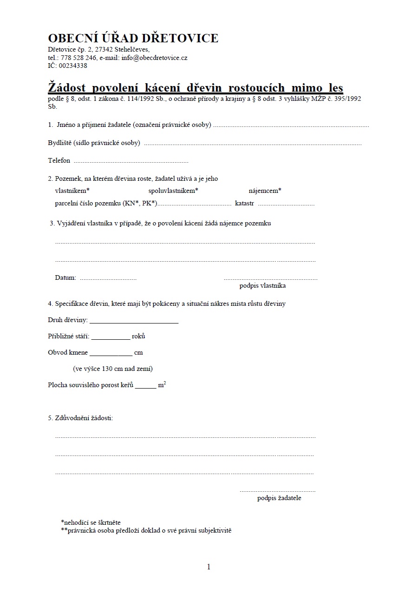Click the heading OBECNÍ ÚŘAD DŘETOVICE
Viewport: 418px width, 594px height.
(x=133, y=38)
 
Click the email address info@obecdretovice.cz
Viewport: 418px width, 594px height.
(x=154, y=58)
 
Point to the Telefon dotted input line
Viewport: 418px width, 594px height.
(x=131, y=161)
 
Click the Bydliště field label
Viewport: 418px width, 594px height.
(x=59, y=143)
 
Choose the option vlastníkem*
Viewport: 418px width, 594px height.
(x=72, y=191)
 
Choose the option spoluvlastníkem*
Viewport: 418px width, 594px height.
(x=173, y=191)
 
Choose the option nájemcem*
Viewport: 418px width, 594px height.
(x=265, y=191)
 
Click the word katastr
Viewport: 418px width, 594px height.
(x=245, y=203)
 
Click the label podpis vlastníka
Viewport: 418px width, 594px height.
(x=262, y=286)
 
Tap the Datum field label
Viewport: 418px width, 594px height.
(x=65, y=277)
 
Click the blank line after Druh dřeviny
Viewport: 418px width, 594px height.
(x=134, y=321)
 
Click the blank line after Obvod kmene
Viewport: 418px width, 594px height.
(x=111, y=353)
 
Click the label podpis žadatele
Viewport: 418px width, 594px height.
(x=279, y=498)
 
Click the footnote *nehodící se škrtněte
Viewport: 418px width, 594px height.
(x=91, y=522)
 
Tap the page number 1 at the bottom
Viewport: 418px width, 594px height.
(x=209, y=567)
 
